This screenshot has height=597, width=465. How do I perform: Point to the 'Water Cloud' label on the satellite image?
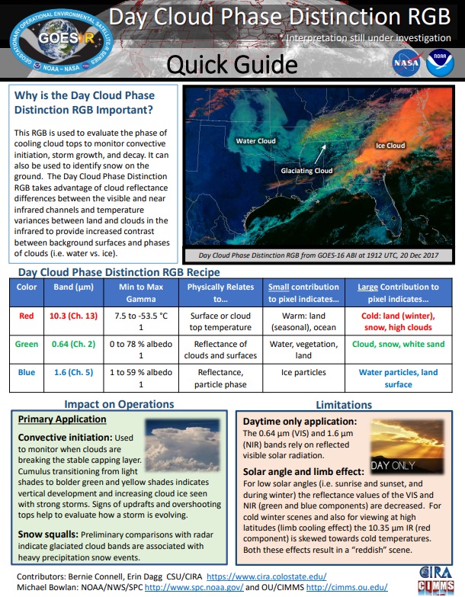[255, 141]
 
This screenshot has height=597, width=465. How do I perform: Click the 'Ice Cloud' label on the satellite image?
[390, 145]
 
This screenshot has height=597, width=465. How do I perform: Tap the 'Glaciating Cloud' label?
[306, 171]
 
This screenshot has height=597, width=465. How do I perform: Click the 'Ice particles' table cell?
[303, 372]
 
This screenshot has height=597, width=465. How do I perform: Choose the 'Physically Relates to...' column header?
[220, 293]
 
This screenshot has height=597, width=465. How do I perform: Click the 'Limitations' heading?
[344, 405]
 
